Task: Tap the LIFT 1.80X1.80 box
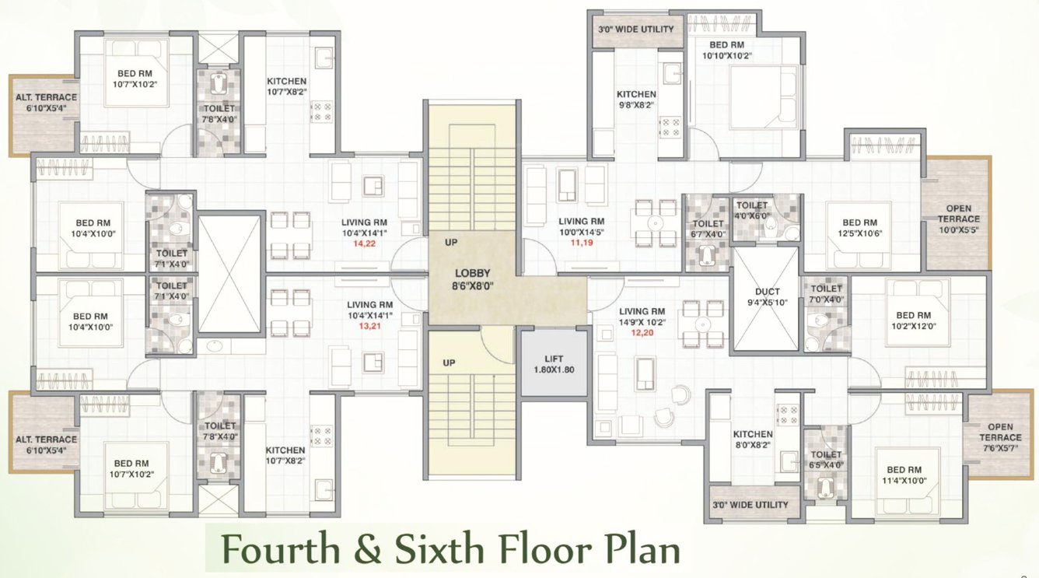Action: point(554,363)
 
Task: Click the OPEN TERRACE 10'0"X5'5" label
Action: point(957,219)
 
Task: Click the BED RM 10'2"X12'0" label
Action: point(913,321)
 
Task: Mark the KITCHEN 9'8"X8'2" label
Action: point(636,100)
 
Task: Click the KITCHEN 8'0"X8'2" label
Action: point(752,440)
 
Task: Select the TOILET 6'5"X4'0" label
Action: point(826,460)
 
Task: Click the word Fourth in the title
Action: point(280,549)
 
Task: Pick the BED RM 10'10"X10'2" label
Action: point(726,51)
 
